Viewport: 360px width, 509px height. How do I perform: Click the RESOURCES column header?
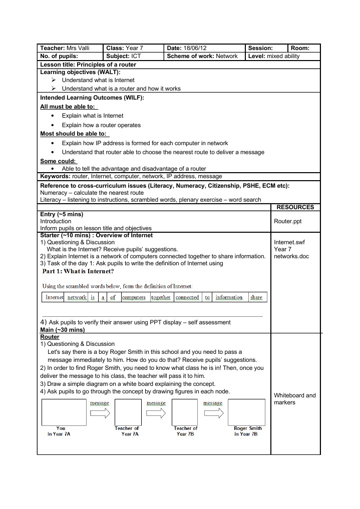(x=295, y=207)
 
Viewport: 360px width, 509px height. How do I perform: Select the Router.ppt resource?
(x=288, y=221)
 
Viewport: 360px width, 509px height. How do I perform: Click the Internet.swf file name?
(x=289, y=242)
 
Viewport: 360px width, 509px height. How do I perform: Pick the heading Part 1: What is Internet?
(x=78, y=272)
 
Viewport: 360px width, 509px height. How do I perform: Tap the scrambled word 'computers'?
(x=134, y=297)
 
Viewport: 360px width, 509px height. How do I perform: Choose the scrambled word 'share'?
(x=256, y=297)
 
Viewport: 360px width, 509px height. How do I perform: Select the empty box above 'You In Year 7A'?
(x=61, y=412)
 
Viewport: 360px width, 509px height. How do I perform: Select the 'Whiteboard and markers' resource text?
(x=295, y=399)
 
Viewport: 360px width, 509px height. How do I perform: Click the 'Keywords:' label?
(x=56, y=176)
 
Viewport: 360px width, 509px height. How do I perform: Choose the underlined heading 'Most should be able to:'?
(x=74, y=134)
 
